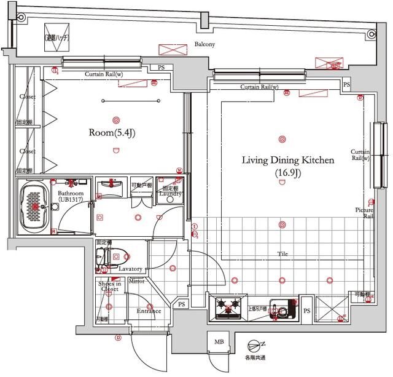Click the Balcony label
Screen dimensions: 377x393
click(x=204, y=44)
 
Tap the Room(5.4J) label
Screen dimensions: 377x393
click(x=112, y=132)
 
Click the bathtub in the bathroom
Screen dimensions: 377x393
click(x=34, y=207)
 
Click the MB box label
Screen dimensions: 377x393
click(x=218, y=342)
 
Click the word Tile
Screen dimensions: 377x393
click(x=282, y=253)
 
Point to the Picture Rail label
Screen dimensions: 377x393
click(x=364, y=213)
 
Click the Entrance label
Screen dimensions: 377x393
click(x=148, y=311)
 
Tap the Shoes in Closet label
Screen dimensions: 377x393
click(x=109, y=285)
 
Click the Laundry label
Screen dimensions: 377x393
click(x=170, y=194)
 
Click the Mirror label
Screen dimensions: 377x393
click(x=137, y=281)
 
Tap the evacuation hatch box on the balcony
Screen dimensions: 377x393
click(x=57, y=38)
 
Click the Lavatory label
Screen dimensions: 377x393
click(x=130, y=269)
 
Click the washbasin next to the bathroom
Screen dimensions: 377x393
click(x=111, y=186)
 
